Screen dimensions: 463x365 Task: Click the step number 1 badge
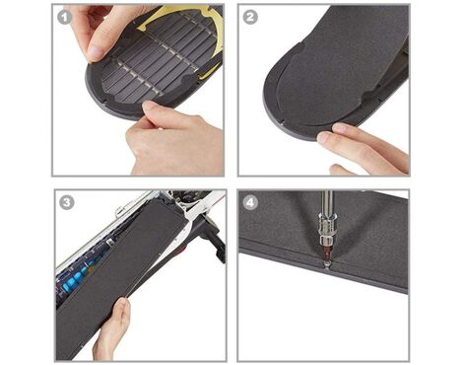pyautogui.click(x=64, y=17)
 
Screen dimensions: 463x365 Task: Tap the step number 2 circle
pyautogui.click(x=250, y=17)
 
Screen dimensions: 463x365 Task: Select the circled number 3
pyautogui.click(x=66, y=202)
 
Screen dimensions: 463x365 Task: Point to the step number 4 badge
pyautogui.click(x=250, y=202)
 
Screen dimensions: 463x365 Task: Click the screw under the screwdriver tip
pyautogui.click(x=326, y=264)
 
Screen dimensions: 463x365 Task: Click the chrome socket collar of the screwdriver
pyautogui.click(x=326, y=230)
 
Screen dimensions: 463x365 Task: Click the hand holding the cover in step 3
pyautogui.click(x=111, y=329)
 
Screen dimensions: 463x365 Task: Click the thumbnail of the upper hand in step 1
pyautogui.click(x=95, y=53)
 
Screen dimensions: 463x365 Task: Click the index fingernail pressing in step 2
pyautogui.click(x=323, y=137)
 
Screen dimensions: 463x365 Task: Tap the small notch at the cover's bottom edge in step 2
pyautogui.click(x=281, y=120)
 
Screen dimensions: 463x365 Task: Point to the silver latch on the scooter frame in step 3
pyautogui.click(x=119, y=209)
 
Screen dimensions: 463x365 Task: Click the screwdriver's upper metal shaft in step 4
pyautogui.click(x=326, y=203)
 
